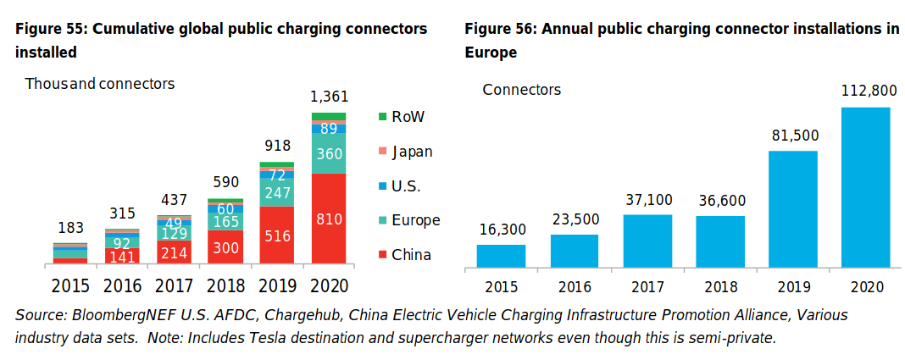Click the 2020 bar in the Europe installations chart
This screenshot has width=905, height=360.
pos(865,187)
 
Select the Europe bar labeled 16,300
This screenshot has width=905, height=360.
pos(501,256)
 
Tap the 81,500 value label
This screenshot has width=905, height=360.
pos(792,136)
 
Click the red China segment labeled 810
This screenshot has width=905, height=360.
pos(329,219)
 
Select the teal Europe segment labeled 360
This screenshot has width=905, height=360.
pos(329,153)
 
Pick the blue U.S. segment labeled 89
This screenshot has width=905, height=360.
pos(329,129)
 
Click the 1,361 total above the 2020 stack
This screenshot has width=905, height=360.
pos(329,97)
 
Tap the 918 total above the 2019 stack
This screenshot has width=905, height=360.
pos(277,146)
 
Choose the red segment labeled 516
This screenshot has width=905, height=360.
pos(277,235)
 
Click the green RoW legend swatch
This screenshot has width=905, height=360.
pos(381,117)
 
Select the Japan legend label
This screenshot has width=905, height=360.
pos(412,152)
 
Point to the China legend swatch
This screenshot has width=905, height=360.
pos(381,254)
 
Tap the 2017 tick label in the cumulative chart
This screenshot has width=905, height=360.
pos(174,286)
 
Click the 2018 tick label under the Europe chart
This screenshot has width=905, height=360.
pos(719,287)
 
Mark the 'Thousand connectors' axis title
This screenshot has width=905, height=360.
pos(100,84)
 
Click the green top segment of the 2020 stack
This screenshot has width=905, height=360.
pos(329,116)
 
